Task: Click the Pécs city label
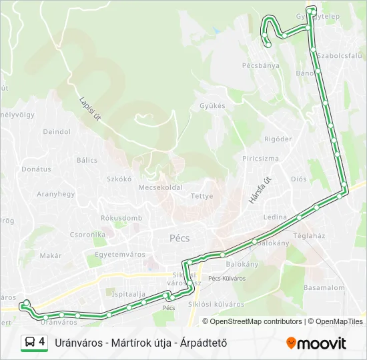click(179, 238)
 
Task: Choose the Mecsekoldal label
click(160, 188)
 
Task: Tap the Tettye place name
click(202, 196)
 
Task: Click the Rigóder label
click(278, 139)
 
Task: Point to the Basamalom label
click(324, 288)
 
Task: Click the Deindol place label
click(57, 132)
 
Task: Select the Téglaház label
click(309, 235)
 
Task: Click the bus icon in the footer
click(29, 343)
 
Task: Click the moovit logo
click(316, 343)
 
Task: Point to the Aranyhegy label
click(55, 194)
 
